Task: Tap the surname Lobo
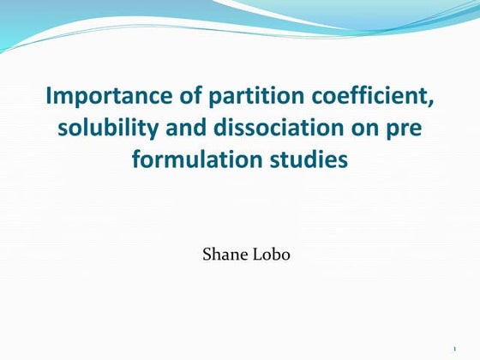[273, 254]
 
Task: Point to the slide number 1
[453, 348]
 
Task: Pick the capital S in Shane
[206, 254]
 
